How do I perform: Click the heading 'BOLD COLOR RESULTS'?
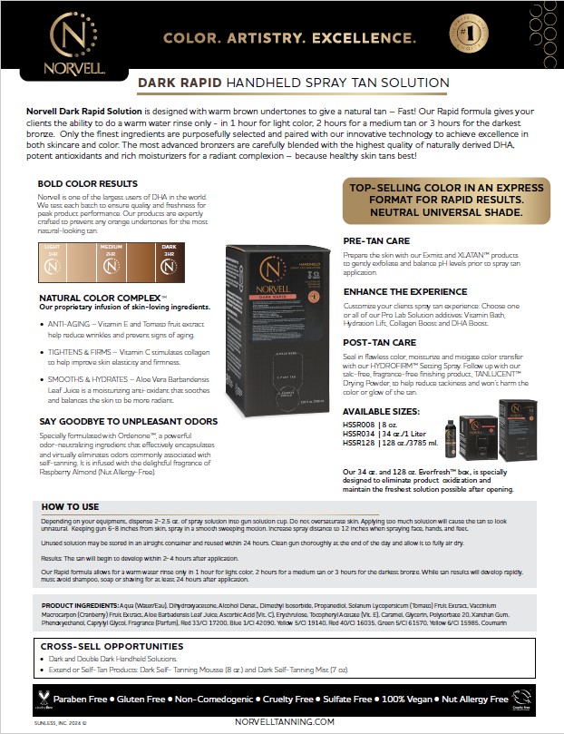87,183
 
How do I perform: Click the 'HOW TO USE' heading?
70,506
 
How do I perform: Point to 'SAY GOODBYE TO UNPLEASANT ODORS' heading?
127,421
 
